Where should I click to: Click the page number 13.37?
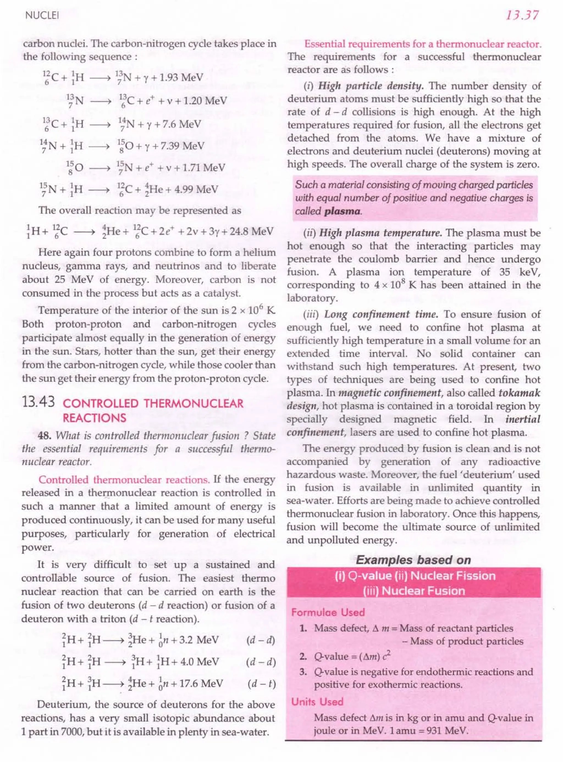pyautogui.click(x=522, y=15)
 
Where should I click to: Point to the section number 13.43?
pyautogui.click(x=38, y=403)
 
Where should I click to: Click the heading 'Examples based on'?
pyautogui.click(x=413, y=560)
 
